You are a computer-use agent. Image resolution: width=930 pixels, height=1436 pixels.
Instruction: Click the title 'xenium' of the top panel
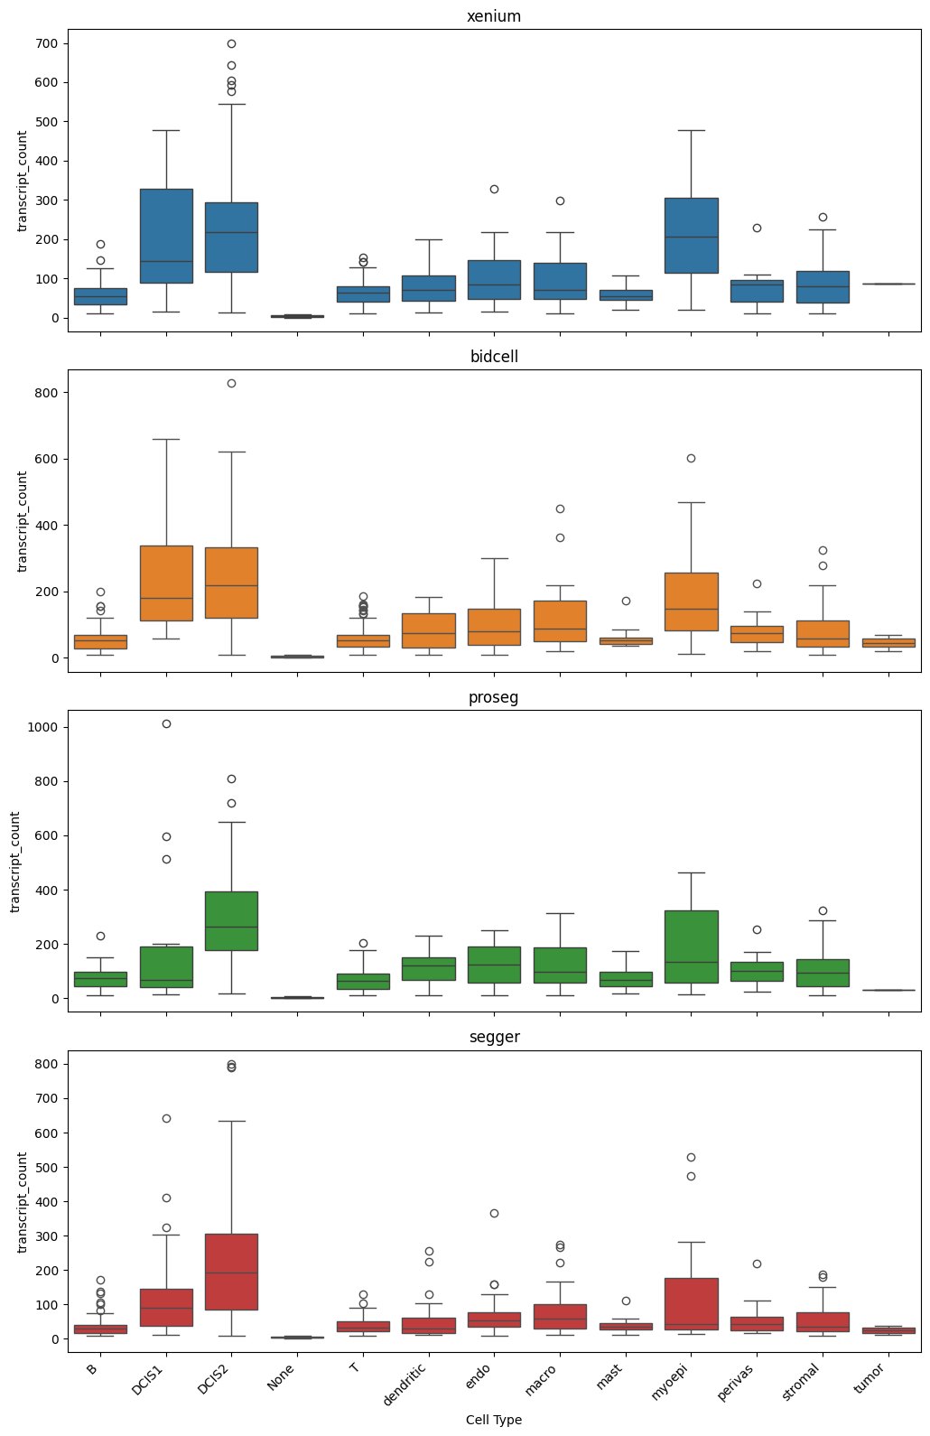click(x=494, y=16)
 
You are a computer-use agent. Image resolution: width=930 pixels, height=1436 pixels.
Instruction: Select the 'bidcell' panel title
click(x=494, y=357)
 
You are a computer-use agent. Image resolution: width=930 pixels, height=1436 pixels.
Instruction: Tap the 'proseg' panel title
click(x=494, y=697)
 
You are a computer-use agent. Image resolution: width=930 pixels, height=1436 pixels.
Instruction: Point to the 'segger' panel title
click(x=494, y=1037)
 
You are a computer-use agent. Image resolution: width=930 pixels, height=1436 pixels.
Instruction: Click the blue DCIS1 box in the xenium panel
click(x=166, y=235)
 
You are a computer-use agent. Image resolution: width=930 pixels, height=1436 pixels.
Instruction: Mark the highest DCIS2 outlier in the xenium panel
click(x=231, y=43)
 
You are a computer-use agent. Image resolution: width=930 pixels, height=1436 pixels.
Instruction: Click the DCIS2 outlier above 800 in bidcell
click(x=231, y=383)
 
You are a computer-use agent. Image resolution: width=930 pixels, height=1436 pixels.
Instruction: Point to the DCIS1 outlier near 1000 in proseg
click(x=166, y=723)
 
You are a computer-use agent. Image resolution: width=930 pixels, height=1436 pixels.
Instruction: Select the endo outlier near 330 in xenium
click(x=494, y=189)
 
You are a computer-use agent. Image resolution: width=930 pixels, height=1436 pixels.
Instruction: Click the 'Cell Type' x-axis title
click(x=494, y=1420)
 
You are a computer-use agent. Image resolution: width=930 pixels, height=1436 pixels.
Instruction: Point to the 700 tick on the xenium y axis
click(x=48, y=43)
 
